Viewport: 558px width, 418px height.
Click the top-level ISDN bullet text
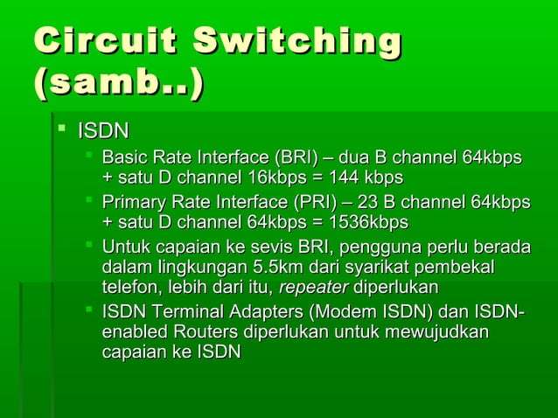click(103, 132)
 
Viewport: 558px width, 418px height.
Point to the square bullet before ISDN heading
click(61, 131)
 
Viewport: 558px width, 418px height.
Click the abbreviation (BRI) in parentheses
click(296, 158)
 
